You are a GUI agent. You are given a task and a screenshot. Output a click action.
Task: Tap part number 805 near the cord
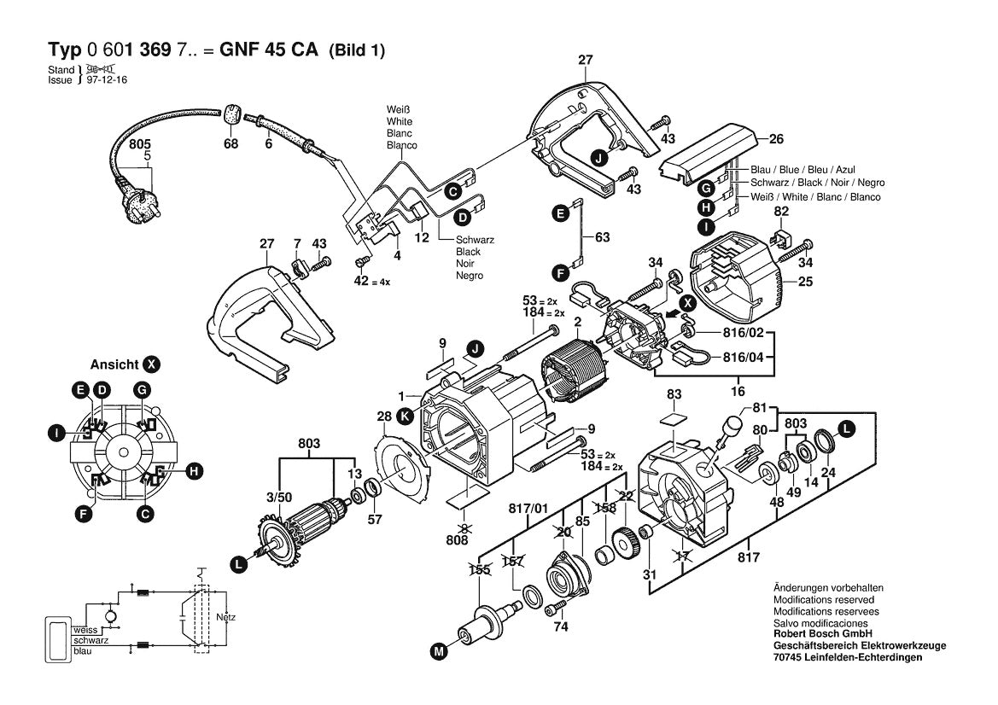tap(140, 144)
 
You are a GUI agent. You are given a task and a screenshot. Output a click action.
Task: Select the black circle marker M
tap(439, 651)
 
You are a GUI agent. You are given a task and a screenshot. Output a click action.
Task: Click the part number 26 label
tap(776, 139)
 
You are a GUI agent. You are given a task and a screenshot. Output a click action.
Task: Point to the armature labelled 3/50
tap(306, 525)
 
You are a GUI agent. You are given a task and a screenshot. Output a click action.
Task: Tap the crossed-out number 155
tap(479, 568)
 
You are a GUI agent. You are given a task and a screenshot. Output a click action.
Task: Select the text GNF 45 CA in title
tap(268, 50)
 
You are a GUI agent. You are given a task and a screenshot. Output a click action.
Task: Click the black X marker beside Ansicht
tap(151, 364)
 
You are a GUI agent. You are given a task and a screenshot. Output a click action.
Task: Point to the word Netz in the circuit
tap(226, 616)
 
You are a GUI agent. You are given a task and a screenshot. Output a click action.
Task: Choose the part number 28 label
tap(384, 417)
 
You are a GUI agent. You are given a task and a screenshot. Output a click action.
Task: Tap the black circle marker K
tap(404, 417)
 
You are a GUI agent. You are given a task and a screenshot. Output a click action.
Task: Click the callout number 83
tap(674, 394)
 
